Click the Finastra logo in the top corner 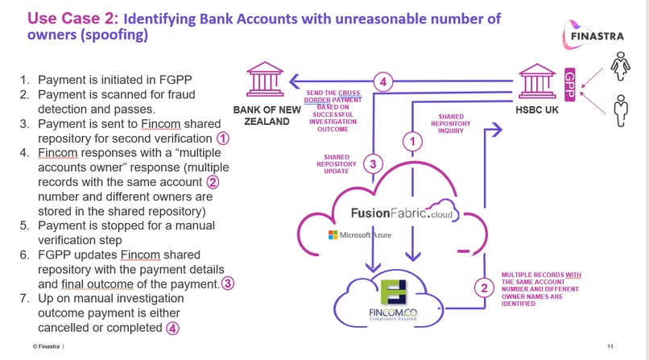pos(593,35)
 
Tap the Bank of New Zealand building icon pos(265,79)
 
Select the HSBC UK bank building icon pos(537,81)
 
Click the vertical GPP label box pos(570,85)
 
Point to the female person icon pos(621,66)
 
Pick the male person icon pos(621,110)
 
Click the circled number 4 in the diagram pos(382,82)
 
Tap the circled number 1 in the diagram pos(412,142)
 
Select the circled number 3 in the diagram pos(373,163)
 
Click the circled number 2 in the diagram pos(484,288)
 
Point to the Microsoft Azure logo pos(360,235)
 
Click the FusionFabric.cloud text pos(403,213)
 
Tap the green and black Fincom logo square pos(393,292)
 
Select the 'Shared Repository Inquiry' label pos(451,124)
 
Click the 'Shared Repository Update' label pos(337,164)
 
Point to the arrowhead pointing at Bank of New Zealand pos(294,81)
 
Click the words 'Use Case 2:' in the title pos(72,19)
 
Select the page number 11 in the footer pos(610,346)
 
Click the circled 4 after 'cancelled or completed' pos(172,328)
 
